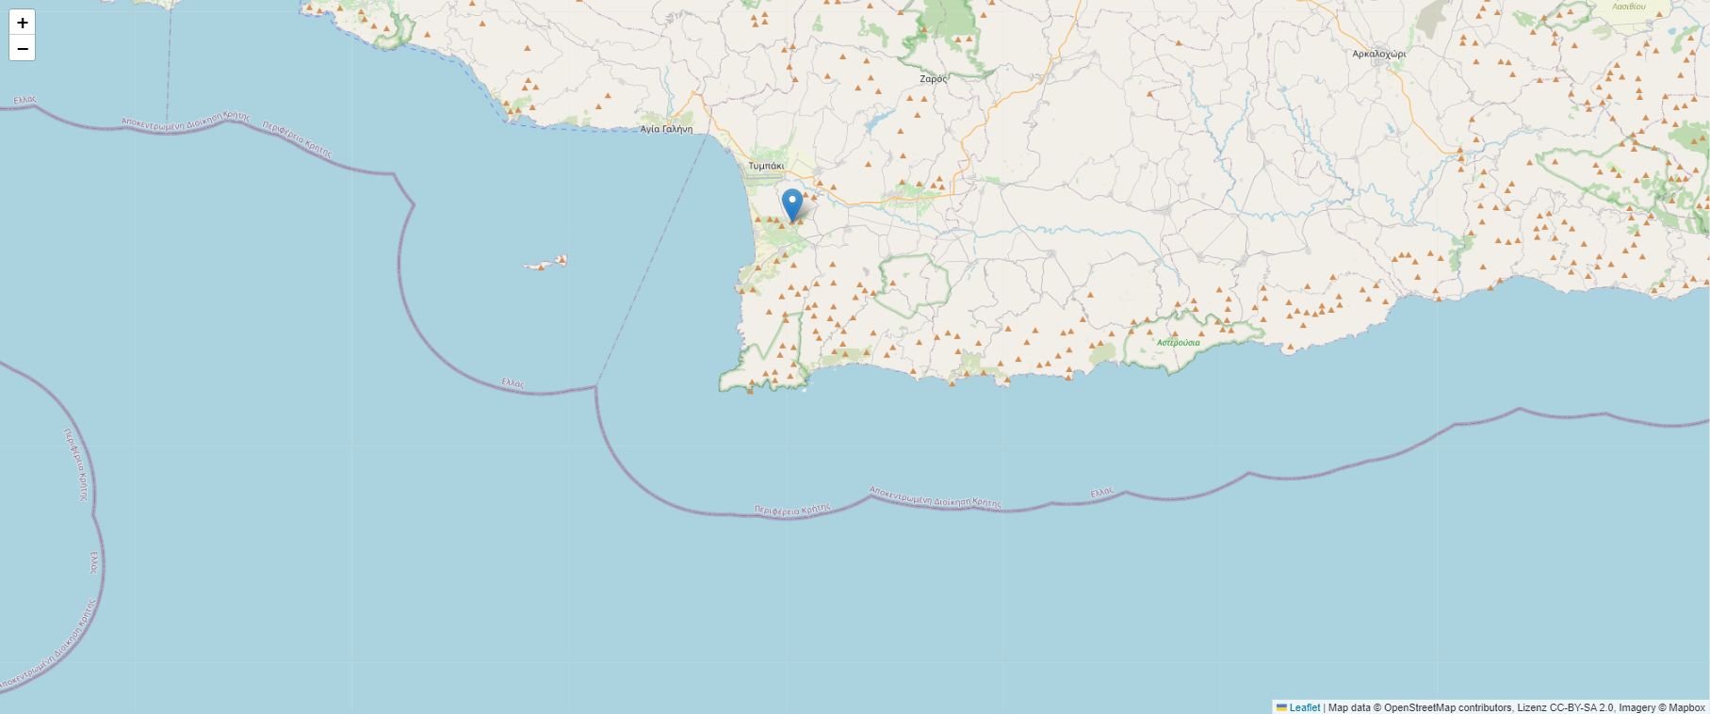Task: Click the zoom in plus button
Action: tap(23, 23)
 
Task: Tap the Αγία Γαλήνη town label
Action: tap(666, 129)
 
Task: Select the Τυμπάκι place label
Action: tap(766, 166)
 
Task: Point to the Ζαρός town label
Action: tap(933, 79)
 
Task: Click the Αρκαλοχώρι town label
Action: tap(1378, 55)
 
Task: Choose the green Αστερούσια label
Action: tap(1179, 342)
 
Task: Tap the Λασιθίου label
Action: tap(1628, 6)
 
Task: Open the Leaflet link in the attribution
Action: tap(1304, 707)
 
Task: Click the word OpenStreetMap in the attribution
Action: tap(1419, 707)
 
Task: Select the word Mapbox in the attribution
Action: tap(1686, 707)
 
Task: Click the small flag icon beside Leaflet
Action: tap(1281, 707)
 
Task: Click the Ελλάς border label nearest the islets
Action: tap(513, 382)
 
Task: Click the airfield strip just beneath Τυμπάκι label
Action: tap(765, 176)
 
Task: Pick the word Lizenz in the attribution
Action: tap(1532, 707)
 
